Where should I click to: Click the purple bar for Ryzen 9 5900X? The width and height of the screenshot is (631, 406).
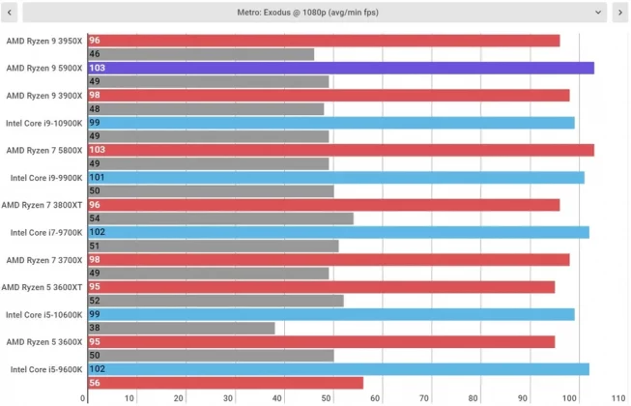point(340,68)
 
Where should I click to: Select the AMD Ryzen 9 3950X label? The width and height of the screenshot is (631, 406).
point(44,41)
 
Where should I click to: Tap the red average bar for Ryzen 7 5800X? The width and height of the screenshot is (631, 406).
point(340,150)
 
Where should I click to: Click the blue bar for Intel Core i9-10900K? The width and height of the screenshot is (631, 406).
point(330,123)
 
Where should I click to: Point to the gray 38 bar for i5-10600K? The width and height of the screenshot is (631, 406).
point(181,328)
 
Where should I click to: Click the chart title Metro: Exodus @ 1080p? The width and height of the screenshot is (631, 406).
point(315,13)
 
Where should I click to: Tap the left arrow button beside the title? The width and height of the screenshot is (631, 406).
point(11,13)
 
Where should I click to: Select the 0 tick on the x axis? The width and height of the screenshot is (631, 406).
point(84,397)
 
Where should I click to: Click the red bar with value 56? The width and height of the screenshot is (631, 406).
point(225,383)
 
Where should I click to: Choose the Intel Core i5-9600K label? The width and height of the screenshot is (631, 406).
point(46,369)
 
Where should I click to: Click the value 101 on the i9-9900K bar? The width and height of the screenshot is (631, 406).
point(97,178)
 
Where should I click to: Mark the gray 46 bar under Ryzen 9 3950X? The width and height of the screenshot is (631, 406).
point(200,54)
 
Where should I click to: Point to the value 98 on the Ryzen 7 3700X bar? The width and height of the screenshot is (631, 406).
point(95,260)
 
